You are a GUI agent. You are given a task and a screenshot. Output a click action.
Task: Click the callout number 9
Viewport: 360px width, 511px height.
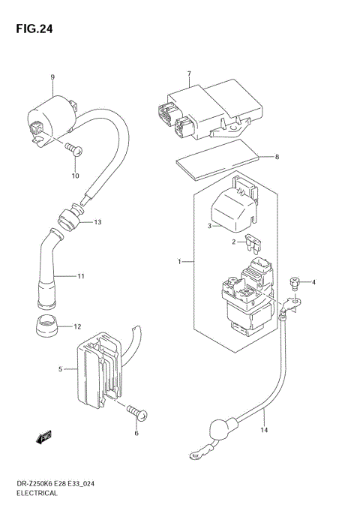click(x=52, y=77)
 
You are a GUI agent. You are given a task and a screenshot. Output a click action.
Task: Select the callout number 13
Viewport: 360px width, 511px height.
click(x=97, y=222)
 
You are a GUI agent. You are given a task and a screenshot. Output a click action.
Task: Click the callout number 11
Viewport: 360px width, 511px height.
click(x=80, y=277)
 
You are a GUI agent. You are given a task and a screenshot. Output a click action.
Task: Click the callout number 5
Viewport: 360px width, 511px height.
click(x=61, y=369)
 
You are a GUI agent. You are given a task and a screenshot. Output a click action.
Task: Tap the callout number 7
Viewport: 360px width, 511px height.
click(x=189, y=74)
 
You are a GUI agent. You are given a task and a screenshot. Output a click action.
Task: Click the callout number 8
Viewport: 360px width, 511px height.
click(x=277, y=157)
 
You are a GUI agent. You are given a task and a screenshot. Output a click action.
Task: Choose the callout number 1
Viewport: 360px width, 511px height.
click(x=179, y=262)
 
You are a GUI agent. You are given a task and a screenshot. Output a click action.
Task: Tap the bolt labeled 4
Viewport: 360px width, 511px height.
click(x=295, y=283)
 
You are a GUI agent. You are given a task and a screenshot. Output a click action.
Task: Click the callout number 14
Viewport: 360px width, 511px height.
click(x=263, y=430)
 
